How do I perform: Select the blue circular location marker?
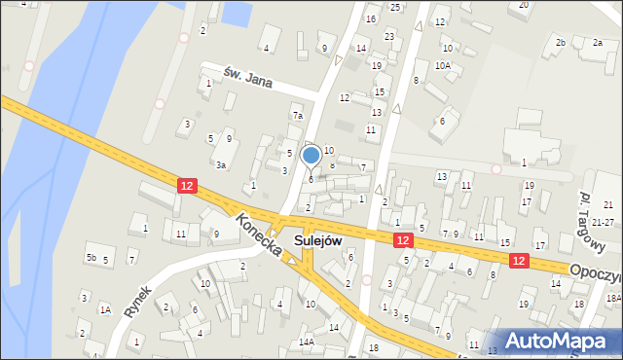click(x=311, y=155)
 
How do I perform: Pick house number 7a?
click(x=298, y=116)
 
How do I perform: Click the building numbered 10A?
click(x=443, y=65)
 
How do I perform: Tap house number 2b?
click(x=560, y=43)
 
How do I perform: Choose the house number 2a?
click(x=597, y=43)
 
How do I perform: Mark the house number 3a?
click(x=222, y=164)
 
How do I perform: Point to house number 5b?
click(x=91, y=258)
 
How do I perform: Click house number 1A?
click(x=104, y=309)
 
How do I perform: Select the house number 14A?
click(x=307, y=342)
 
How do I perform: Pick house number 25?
click(x=395, y=7)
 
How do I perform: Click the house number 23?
click(x=389, y=36)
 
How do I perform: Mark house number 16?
click(x=371, y=19)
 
